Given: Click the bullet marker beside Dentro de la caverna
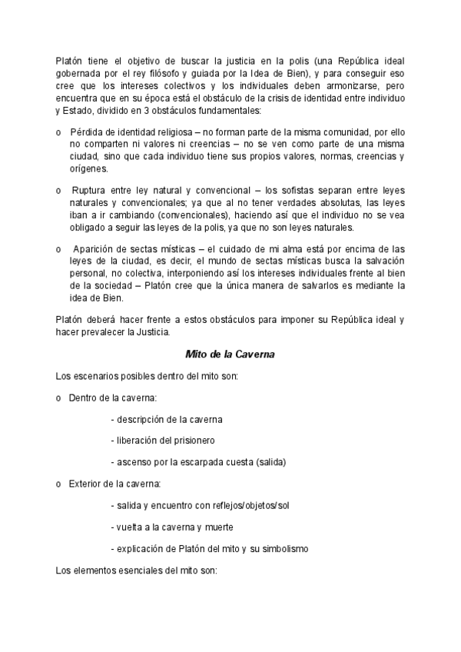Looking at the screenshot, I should point(59,398).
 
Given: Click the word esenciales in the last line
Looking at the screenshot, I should point(135,570).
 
